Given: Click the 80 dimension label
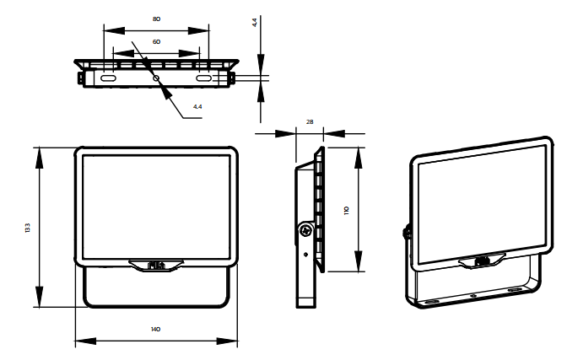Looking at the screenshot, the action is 156,19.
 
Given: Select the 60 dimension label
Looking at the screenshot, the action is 156,42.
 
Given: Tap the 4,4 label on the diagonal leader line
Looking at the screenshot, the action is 197,106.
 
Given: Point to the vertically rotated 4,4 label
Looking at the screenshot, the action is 255,23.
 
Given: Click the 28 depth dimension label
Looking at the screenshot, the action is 310,121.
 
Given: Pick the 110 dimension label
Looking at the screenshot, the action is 347,211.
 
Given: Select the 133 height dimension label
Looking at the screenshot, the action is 28,228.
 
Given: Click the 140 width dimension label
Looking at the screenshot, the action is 155,329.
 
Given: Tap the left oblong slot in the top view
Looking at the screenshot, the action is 107,78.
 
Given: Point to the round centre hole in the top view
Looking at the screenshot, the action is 156,78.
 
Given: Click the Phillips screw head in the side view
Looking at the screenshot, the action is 306,230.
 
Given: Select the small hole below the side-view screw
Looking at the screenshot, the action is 306,255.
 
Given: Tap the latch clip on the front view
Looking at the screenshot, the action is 156,266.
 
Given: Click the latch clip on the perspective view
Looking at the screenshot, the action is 482,261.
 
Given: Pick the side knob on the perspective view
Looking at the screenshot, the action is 407,232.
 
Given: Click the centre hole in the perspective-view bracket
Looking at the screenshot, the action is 473,296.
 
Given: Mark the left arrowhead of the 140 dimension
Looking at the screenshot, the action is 86,341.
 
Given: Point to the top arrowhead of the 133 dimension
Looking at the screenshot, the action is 39,158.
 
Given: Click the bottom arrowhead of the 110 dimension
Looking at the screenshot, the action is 358,261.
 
